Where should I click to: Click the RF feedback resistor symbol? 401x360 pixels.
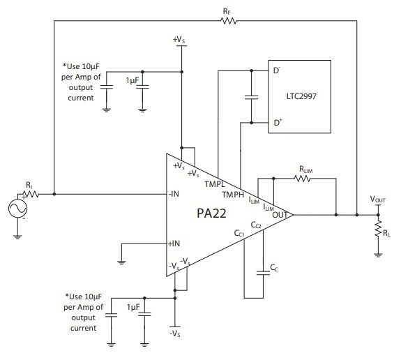pos(228,21)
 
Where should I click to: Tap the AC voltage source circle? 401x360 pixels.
pos(17,209)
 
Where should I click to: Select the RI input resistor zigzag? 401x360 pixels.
pos(31,194)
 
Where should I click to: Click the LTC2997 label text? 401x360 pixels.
pos(301,96)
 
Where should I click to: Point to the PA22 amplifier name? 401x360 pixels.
pos(211,213)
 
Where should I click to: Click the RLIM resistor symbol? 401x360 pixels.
pos(303,179)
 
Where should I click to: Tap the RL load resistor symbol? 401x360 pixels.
pos(378,228)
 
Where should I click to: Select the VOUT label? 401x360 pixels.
pos(377,200)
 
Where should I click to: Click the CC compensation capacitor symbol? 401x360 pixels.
pos(263,273)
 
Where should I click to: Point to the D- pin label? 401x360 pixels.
pos(277,70)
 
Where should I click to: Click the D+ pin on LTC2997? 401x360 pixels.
pos(278,123)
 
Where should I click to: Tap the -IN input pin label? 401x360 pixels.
pos(174,194)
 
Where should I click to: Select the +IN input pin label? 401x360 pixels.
pos(174,243)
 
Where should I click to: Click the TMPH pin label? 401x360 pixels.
pos(233,195)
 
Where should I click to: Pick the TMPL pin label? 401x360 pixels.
pos(215,184)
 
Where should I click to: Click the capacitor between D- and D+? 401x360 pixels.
pos(251,97)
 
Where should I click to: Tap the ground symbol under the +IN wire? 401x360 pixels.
pos(121,262)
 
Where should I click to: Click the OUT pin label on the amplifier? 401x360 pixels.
pos(280,215)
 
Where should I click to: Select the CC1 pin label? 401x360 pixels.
pos(239,233)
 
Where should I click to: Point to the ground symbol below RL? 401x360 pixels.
pos(378,255)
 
